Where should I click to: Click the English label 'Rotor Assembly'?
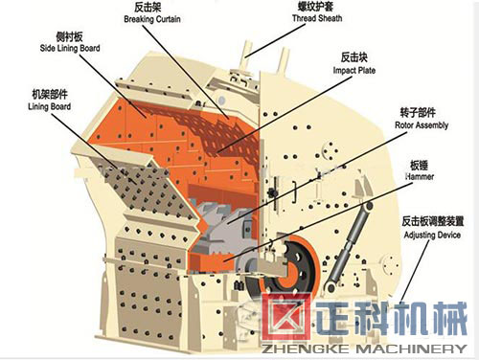(422, 124)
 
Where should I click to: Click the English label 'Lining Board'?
(49, 107)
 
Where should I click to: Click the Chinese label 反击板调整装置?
(427, 220)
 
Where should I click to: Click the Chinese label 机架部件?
(49, 96)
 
